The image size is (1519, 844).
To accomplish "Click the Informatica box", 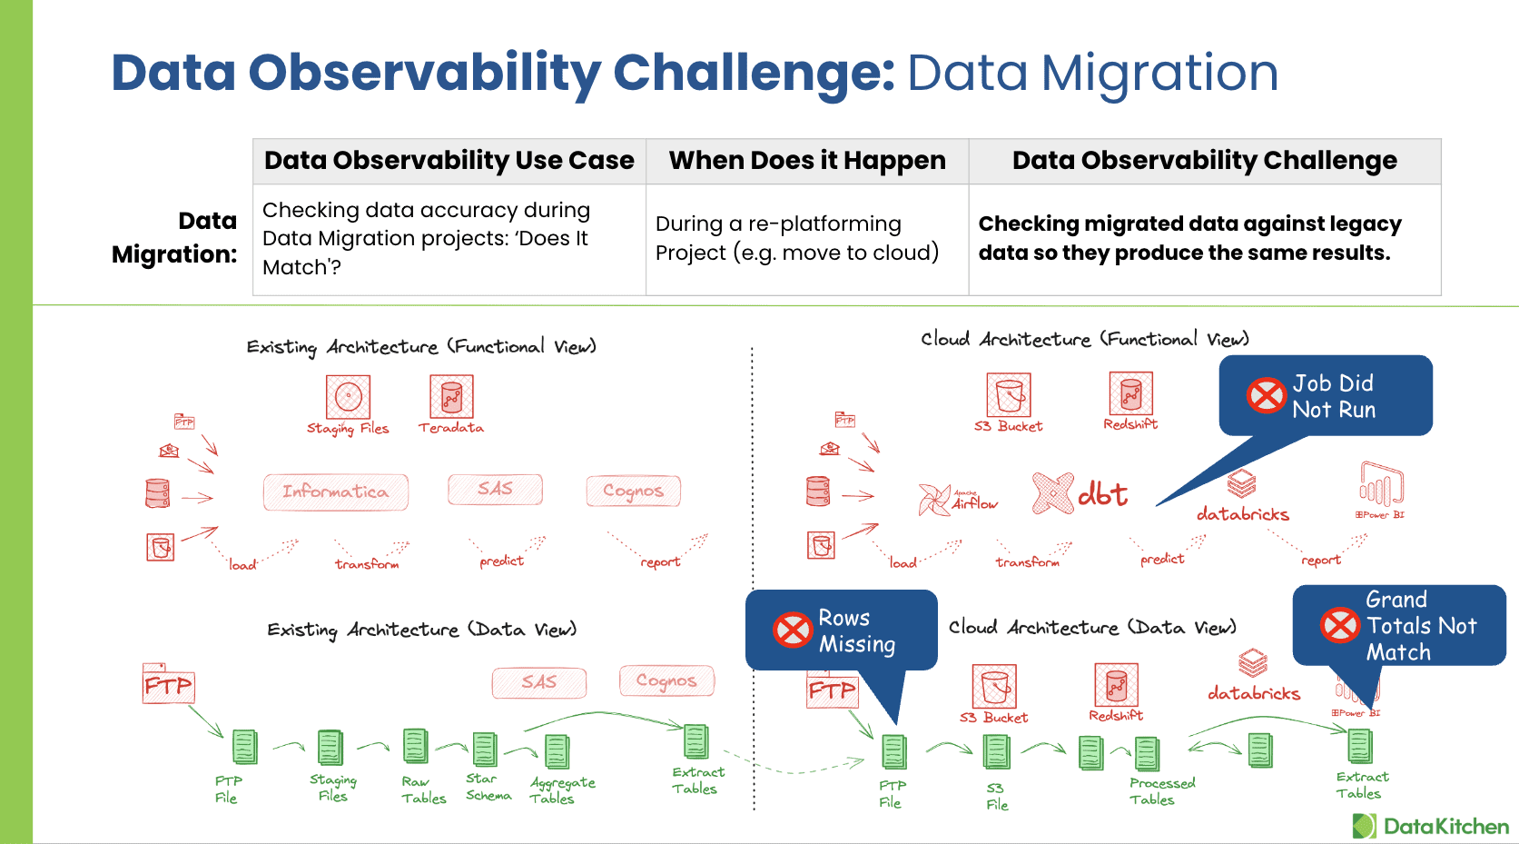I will coord(335,492).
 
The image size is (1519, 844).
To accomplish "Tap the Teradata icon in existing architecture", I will coord(451,397).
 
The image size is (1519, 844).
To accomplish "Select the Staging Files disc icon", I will coord(349,397).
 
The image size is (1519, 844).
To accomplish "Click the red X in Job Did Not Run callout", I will coord(1266,395).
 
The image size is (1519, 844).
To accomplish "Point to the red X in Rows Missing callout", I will coord(792,630).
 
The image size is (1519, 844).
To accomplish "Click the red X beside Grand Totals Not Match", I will coord(1339,625).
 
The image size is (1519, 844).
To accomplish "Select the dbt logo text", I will coord(1102,494).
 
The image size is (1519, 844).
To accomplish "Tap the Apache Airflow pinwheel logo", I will coord(935,500).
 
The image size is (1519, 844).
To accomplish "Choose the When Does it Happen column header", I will coord(807,161).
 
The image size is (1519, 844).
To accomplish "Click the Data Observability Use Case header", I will coord(449,161).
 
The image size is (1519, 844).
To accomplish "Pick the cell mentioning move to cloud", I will coord(797,239).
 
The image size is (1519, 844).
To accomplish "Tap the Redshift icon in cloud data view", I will coord(1117,685).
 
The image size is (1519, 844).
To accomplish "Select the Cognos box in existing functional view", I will coord(633,492).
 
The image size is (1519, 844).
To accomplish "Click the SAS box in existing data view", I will coord(539,682).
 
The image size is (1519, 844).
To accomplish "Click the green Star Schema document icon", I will coord(485,750).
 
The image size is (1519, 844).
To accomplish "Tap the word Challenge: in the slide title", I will coord(754,73).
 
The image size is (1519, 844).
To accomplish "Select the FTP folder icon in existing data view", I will coord(168,683).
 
